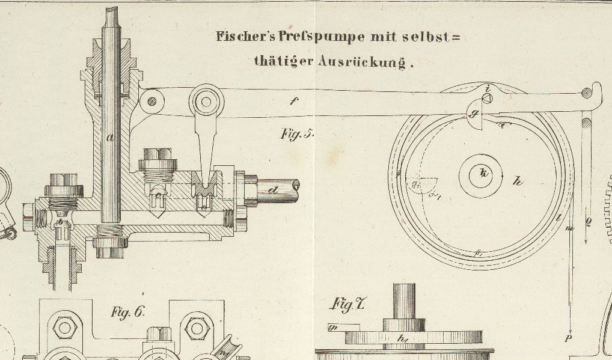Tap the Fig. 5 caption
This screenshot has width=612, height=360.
pyautogui.click(x=297, y=133)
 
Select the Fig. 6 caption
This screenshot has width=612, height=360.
pyautogui.click(x=127, y=312)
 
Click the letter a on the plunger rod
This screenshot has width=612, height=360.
pyautogui.click(x=110, y=138)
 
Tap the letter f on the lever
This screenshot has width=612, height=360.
pyautogui.click(x=293, y=102)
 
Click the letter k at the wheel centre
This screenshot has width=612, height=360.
pyautogui.click(x=483, y=173)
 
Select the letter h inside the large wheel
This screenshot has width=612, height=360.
pyautogui.click(x=518, y=181)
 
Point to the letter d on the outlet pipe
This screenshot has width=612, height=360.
pyautogui.click(x=274, y=191)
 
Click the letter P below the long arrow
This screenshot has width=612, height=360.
pyautogui.click(x=568, y=339)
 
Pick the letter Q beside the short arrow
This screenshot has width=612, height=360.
pyautogui.click(x=588, y=222)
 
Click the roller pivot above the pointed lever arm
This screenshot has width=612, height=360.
pyautogui.click(x=206, y=102)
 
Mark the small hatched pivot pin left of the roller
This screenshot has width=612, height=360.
pyautogui.click(x=152, y=102)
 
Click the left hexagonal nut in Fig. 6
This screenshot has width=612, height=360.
pyautogui.click(x=64, y=328)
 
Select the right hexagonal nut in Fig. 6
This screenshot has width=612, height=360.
pyautogui.click(x=196, y=328)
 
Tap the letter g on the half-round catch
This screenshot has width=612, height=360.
pyautogui.click(x=474, y=113)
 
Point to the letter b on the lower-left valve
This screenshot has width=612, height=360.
pyautogui.click(x=60, y=223)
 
